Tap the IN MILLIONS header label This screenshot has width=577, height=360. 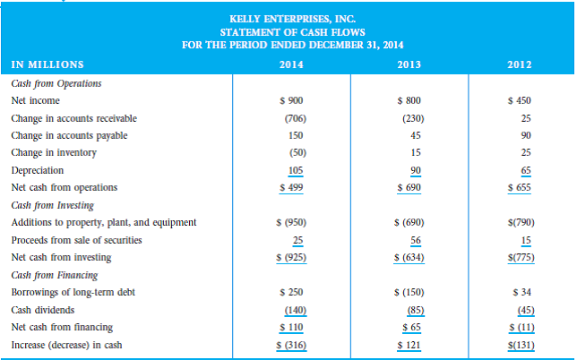47,64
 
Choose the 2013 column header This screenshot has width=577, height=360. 409,64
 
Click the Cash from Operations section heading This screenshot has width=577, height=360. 56,83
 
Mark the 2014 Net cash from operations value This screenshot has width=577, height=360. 290,186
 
